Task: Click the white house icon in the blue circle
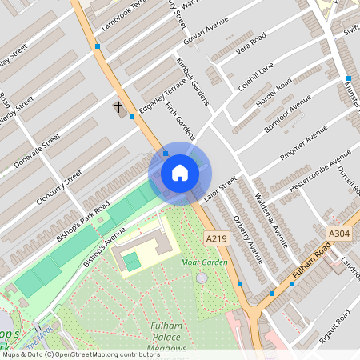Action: click(180, 173)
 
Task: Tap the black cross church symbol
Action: click(118, 106)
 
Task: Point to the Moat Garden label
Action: click(204, 262)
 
